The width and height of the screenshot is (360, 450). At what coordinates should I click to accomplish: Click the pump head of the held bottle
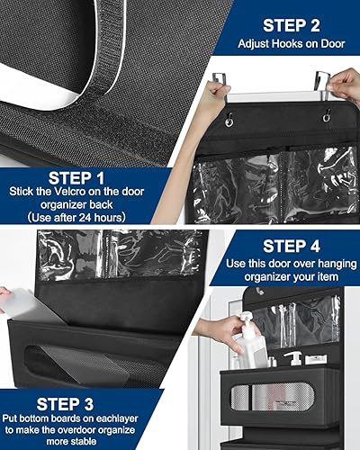click(246, 319)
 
